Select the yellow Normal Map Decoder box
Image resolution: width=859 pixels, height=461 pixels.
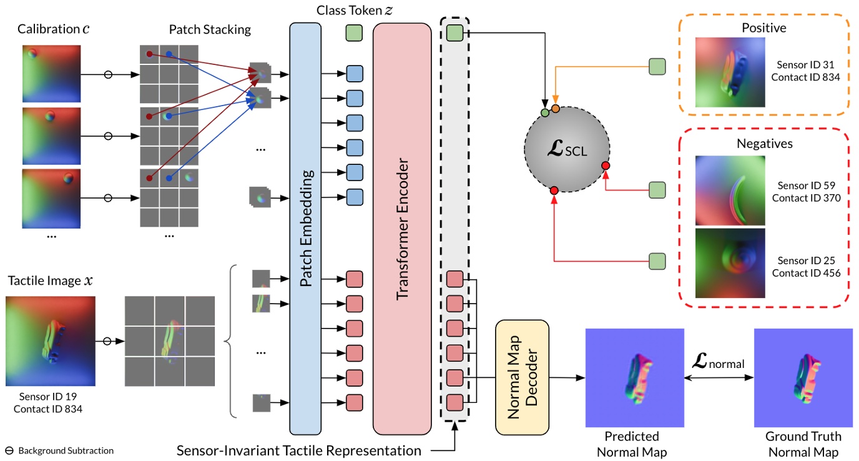click(522, 377)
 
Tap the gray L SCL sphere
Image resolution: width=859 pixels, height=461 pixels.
click(566, 149)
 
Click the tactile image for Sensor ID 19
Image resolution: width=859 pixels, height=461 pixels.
click(51, 341)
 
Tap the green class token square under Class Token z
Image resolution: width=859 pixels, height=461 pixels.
click(354, 33)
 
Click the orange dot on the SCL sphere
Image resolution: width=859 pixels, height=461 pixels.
click(555, 109)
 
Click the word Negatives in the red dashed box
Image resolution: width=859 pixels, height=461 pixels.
click(764, 144)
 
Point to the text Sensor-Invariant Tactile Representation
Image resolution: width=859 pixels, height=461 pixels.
click(299, 450)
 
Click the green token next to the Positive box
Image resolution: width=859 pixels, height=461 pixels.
click(657, 66)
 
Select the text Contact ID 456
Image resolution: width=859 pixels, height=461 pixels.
click(806, 273)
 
